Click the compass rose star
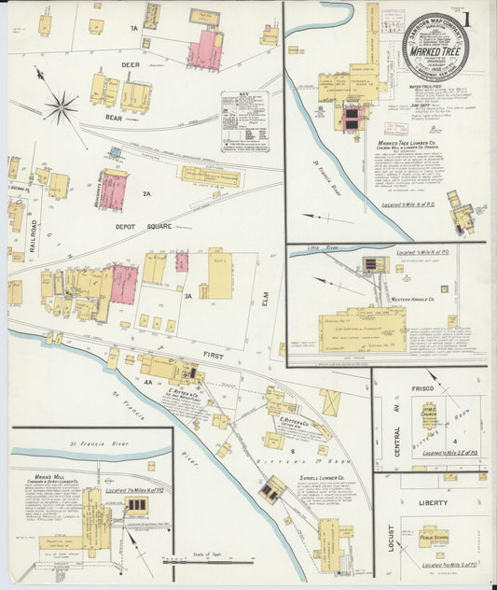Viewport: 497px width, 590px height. (61, 107)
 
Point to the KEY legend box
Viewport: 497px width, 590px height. (245, 121)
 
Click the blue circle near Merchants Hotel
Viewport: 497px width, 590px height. (115, 151)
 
